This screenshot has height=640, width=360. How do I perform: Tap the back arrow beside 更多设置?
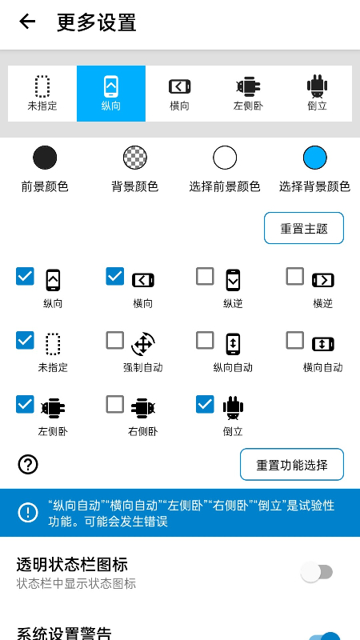[x=28, y=22]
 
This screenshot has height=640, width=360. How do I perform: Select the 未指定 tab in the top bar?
[x=42, y=93]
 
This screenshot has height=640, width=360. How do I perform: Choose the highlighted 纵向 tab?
[x=111, y=93]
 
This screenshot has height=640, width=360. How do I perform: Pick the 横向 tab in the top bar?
[x=180, y=93]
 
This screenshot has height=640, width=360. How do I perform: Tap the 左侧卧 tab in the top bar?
[x=248, y=93]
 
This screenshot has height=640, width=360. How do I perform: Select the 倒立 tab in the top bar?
[x=318, y=93]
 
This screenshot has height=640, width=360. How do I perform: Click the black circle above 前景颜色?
[x=45, y=158]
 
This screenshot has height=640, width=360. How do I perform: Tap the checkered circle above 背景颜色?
[x=134, y=158]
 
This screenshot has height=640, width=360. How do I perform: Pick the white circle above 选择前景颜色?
[x=225, y=158]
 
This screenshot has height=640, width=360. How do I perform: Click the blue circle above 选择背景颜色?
[x=315, y=158]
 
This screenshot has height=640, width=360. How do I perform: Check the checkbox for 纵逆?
[x=206, y=277]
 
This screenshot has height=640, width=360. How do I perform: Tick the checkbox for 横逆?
[x=295, y=277]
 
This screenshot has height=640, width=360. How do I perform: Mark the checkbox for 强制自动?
[x=115, y=341]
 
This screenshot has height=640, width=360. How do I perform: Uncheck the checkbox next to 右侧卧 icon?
[x=115, y=405]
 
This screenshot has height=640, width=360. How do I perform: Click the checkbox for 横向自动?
[x=295, y=341]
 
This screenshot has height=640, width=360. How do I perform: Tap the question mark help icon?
[x=28, y=464]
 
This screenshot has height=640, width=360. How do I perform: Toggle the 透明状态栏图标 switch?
[x=317, y=572]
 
